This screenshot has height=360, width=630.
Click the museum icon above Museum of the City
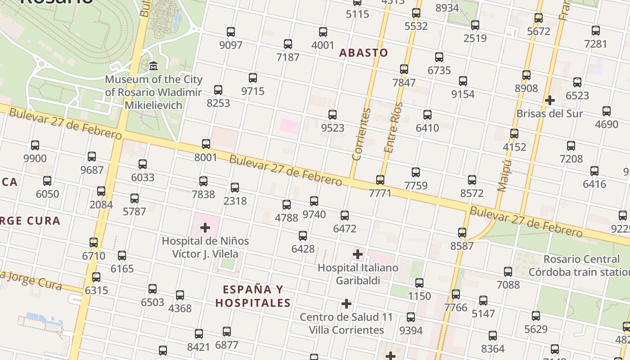click(153, 66)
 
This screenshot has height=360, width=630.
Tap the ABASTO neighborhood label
click(363, 53)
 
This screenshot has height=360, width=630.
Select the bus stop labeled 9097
click(231, 32)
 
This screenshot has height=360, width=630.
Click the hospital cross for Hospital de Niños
click(205, 228)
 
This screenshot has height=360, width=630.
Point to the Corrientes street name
click(361, 135)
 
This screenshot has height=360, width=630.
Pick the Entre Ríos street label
click(392, 128)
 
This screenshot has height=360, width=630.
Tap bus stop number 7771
click(380, 180)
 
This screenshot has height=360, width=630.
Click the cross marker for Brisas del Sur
click(549, 100)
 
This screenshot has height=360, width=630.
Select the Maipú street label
click(504, 175)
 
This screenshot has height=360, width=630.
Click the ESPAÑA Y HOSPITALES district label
click(252, 296)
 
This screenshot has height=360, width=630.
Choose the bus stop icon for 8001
click(206, 144)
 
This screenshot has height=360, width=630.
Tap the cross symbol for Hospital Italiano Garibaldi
click(358, 255)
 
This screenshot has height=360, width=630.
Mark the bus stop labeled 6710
click(94, 243)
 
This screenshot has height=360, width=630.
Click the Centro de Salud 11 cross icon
click(346, 304)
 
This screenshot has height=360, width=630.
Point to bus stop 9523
click(333, 115)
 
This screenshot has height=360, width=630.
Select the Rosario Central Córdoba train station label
click(580, 265)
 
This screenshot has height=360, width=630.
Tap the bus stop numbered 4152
click(514, 134)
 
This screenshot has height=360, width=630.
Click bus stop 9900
click(35, 145)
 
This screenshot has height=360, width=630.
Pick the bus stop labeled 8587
click(462, 233)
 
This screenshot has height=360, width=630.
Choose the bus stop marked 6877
click(227, 332)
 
